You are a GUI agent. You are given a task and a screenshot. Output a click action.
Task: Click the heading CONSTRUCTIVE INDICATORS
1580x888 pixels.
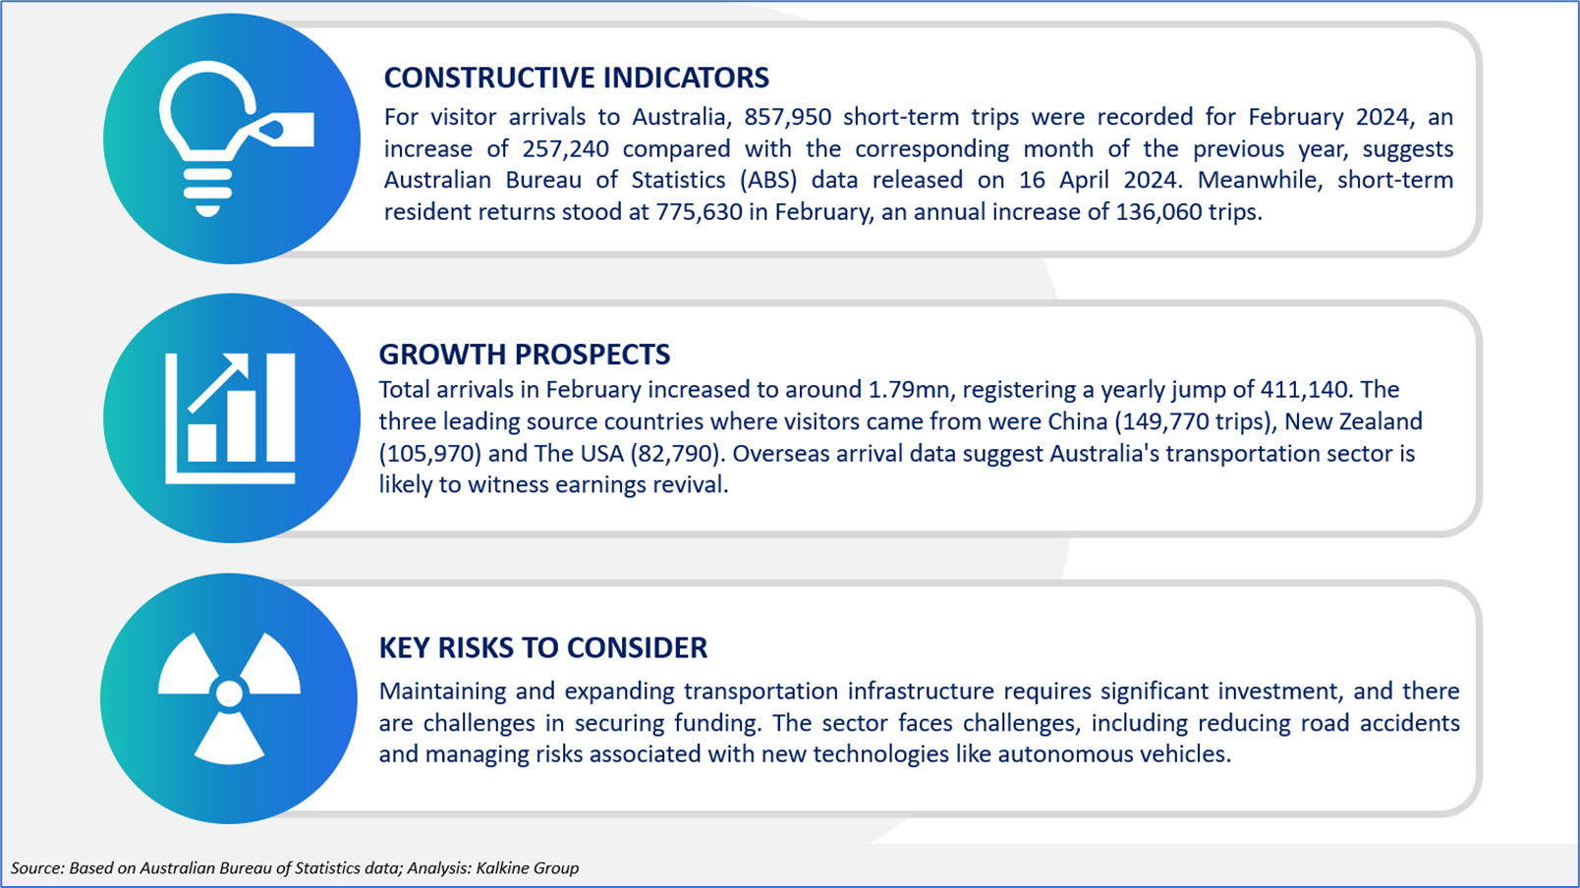point(576,78)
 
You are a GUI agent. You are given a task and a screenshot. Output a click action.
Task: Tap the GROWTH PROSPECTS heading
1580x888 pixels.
point(524,354)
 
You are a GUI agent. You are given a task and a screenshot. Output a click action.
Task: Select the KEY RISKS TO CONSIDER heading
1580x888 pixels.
point(543,647)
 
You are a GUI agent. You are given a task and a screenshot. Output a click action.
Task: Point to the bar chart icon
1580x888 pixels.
point(230,418)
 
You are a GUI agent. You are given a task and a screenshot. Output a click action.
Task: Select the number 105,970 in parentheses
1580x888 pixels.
point(430,453)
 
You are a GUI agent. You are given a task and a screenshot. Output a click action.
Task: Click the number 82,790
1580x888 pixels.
point(677,453)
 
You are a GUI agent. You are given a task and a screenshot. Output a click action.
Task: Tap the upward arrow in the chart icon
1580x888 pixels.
point(218,383)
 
